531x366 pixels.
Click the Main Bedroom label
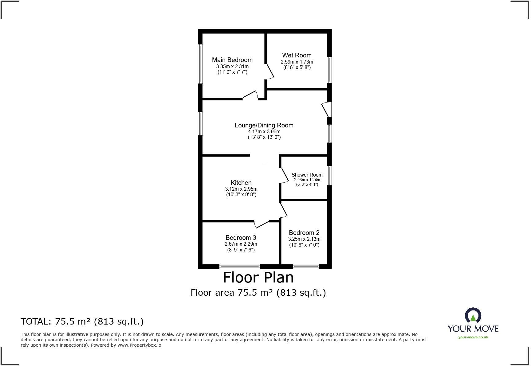[x=232, y=60]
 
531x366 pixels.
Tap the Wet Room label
[x=297, y=55]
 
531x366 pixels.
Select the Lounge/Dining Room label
[x=264, y=125]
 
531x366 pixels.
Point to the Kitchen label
[x=241, y=183]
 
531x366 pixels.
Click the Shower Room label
[x=307, y=175]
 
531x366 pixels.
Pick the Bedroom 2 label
[x=304, y=233]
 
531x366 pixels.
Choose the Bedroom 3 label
[x=241, y=238]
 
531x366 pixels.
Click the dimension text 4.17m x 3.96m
[x=264, y=131]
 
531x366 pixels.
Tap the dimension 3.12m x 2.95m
[x=241, y=189]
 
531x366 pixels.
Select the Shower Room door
[x=284, y=176]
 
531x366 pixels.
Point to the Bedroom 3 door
[x=262, y=224]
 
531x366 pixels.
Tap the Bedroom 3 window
[x=239, y=266]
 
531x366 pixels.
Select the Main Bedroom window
[x=200, y=64]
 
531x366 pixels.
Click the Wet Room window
[x=329, y=70]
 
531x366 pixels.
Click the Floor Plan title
[x=258, y=278]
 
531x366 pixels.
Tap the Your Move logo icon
[x=473, y=315]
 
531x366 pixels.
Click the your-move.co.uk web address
[x=473, y=337]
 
